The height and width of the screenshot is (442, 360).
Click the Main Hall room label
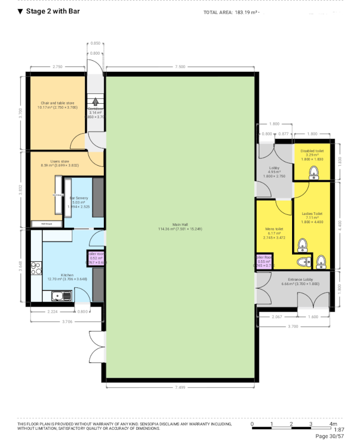coord(181,224)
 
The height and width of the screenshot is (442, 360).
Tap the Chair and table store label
coord(57,103)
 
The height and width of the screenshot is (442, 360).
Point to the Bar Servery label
coord(78,198)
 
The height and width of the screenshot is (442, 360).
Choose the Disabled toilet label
coord(312,151)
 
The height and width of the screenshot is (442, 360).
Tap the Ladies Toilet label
coord(312,213)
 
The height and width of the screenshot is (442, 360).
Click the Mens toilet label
coord(274,229)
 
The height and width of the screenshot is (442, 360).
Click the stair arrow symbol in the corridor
coord(97,101)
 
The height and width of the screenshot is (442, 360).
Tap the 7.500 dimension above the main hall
coord(180,66)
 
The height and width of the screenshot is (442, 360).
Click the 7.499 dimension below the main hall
coord(180,388)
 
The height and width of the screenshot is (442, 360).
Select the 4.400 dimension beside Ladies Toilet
coord(341,225)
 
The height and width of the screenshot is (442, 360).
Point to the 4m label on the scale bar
coord(333,423)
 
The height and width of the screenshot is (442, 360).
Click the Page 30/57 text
coord(330,436)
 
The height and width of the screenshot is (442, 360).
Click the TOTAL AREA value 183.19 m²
coord(247,12)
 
